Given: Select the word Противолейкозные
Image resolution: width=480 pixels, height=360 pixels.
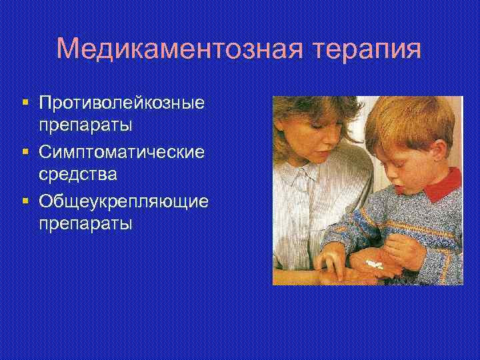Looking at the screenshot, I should point(122,103).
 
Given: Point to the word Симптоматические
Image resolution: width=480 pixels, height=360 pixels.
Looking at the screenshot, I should point(121,151).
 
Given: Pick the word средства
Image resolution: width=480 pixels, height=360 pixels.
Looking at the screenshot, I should point(77,175).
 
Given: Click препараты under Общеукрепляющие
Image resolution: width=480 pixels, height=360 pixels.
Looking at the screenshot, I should point(85,223).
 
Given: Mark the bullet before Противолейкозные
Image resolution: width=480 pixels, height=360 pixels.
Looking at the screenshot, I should point(25,103).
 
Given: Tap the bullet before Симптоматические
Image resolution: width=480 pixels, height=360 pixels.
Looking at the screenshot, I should point(25,151).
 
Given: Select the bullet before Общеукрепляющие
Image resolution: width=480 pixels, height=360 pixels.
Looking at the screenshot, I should point(25,199).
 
